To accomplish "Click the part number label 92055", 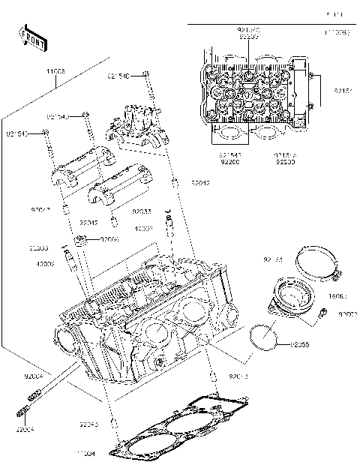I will (x=301, y=345).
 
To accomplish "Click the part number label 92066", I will (x=110, y=239).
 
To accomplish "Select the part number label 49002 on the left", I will (x=46, y=264).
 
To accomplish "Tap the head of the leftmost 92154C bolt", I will (x=46, y=131).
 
